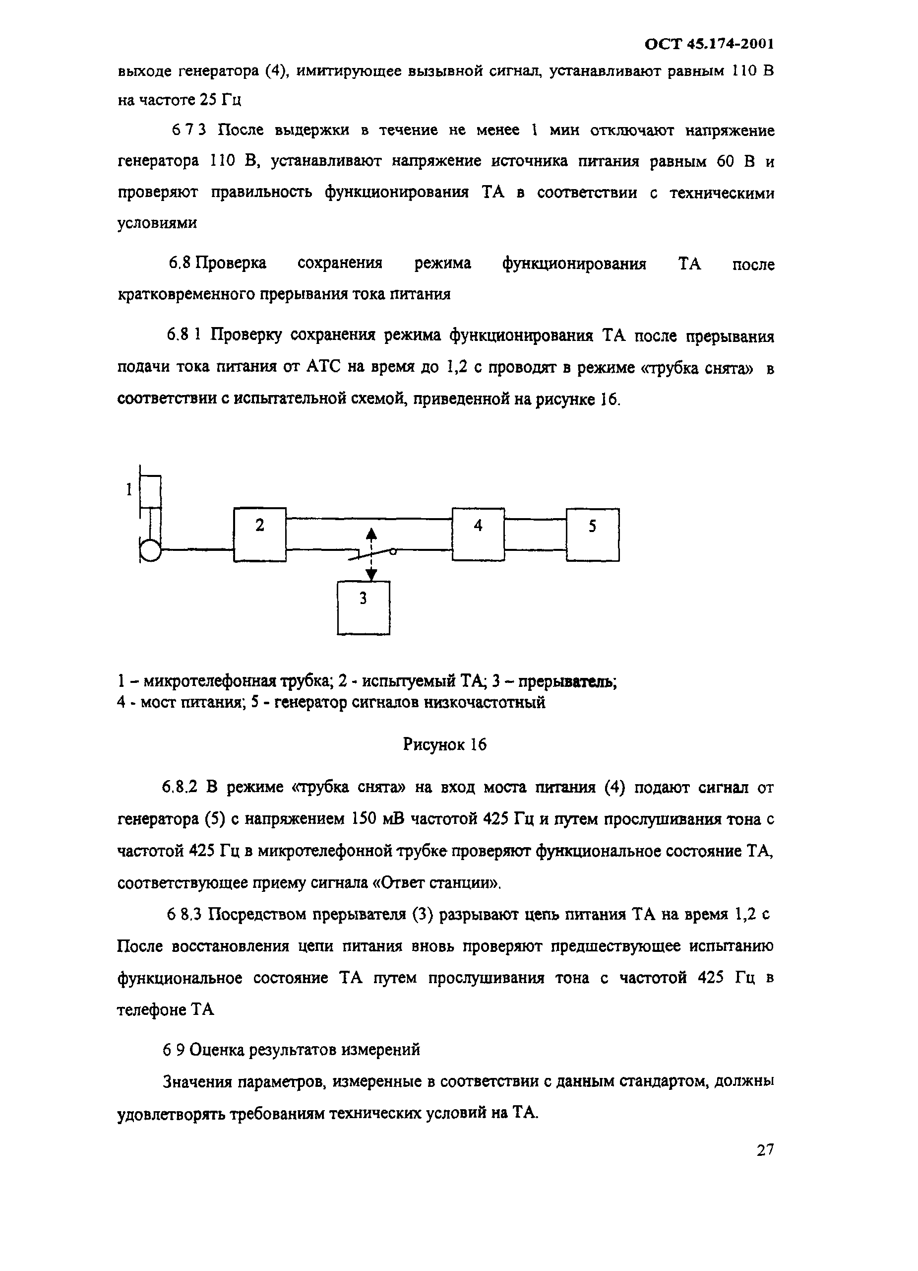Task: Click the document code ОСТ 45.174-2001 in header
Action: [x=709, y=44]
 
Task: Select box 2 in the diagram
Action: [x=260, y=534]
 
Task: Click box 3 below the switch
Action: [x=364, y=607]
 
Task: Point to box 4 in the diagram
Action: [x=478, y=534]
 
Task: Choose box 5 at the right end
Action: [x=593, y=534]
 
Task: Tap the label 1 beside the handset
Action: [x=129, y=490]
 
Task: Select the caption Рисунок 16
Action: [x=445, y=745]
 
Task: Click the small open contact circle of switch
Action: [x=393, y=551]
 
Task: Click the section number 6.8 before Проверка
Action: [x=180, y=263]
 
